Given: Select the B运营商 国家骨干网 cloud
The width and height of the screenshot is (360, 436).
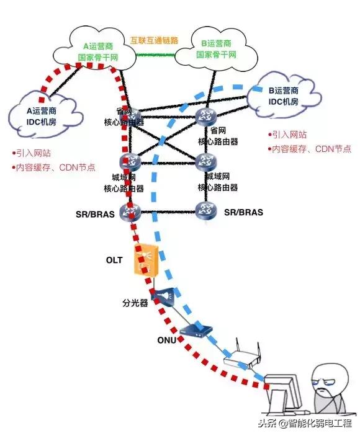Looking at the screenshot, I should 217,50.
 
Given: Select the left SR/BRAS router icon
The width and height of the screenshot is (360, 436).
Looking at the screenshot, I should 131,212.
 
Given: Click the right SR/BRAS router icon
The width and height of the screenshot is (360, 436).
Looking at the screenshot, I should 205,211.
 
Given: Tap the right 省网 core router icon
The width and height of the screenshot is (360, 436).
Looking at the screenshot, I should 205,115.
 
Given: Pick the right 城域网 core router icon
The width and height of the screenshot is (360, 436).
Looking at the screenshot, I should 205,162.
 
